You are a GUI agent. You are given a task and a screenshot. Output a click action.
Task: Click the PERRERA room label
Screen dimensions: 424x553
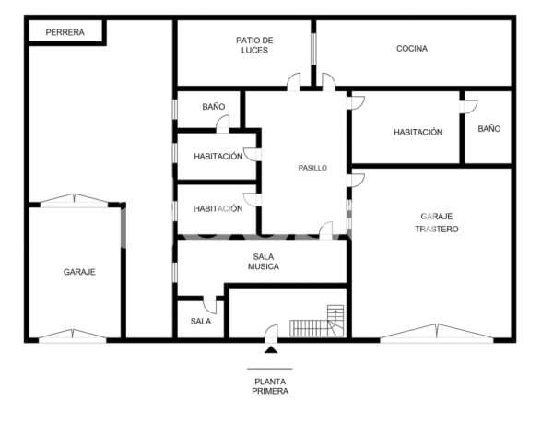(x=65, y=32)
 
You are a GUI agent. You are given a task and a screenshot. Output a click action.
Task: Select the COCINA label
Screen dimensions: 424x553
(x=411, y=49)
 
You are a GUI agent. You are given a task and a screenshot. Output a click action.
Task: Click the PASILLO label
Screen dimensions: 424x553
(x=312, y=169)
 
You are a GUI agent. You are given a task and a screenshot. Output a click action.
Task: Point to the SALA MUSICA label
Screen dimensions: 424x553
(x=263, y=262)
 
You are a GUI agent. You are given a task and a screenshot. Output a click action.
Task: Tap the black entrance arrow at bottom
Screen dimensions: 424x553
(x=270, y=349)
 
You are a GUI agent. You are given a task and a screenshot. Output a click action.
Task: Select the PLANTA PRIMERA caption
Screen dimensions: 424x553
(x=270, y=385)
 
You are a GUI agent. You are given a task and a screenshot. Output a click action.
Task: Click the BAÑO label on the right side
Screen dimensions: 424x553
(x=488, y=129)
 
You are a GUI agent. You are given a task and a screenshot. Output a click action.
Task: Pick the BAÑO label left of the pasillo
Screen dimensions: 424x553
(x=213, y=107)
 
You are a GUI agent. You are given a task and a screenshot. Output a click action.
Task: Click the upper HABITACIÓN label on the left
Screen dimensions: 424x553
(x=218, y=157)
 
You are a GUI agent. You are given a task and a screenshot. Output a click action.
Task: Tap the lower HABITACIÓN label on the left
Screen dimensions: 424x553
(x=218, y=208)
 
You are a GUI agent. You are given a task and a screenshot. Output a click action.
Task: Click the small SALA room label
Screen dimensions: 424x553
(x=200, y=322)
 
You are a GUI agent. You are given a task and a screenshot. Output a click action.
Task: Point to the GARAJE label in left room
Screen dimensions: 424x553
(x=79, y=272)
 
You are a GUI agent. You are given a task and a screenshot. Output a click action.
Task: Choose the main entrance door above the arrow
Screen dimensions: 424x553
(x=270, y=334)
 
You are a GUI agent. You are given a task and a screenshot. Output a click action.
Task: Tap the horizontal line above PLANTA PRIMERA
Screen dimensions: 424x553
(x=270, y=368)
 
